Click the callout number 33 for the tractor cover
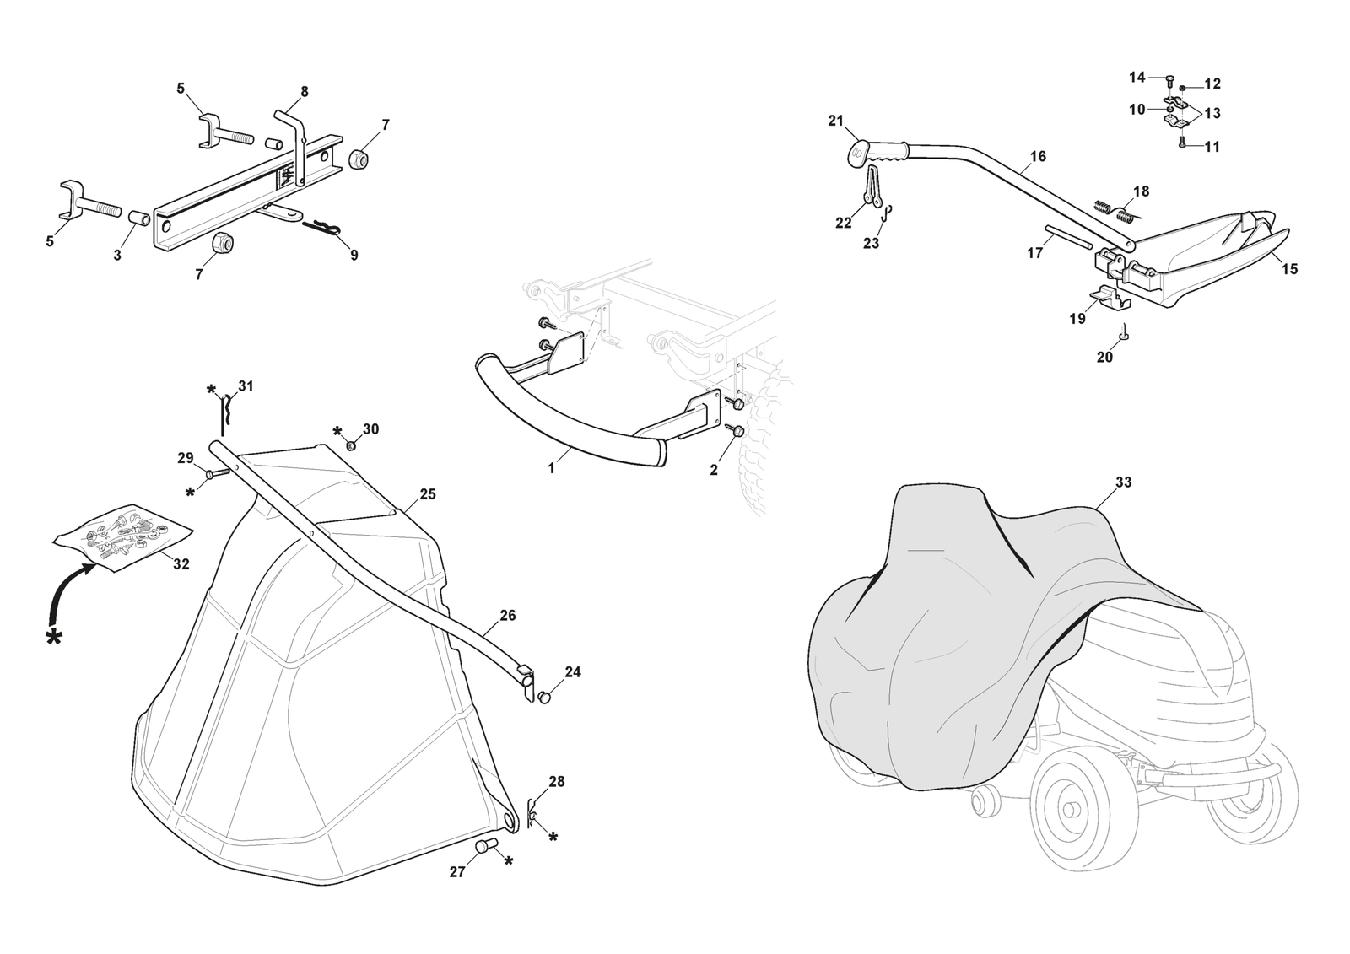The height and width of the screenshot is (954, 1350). [1123, 482]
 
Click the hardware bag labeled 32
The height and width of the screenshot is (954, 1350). [123, 534]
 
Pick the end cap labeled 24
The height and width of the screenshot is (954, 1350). [545, 698]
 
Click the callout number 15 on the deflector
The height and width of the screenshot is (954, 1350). [1289, 269]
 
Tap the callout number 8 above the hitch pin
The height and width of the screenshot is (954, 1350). [304, 91]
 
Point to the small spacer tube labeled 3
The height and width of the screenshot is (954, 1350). [139, 219]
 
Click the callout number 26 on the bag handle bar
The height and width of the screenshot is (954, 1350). [507, 616]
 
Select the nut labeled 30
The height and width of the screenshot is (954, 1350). [351, 445]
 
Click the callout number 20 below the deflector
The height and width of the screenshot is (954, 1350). [1104, 357]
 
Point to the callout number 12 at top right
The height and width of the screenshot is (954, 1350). [1212, 84]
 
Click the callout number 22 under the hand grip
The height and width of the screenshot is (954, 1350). [844, 223]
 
